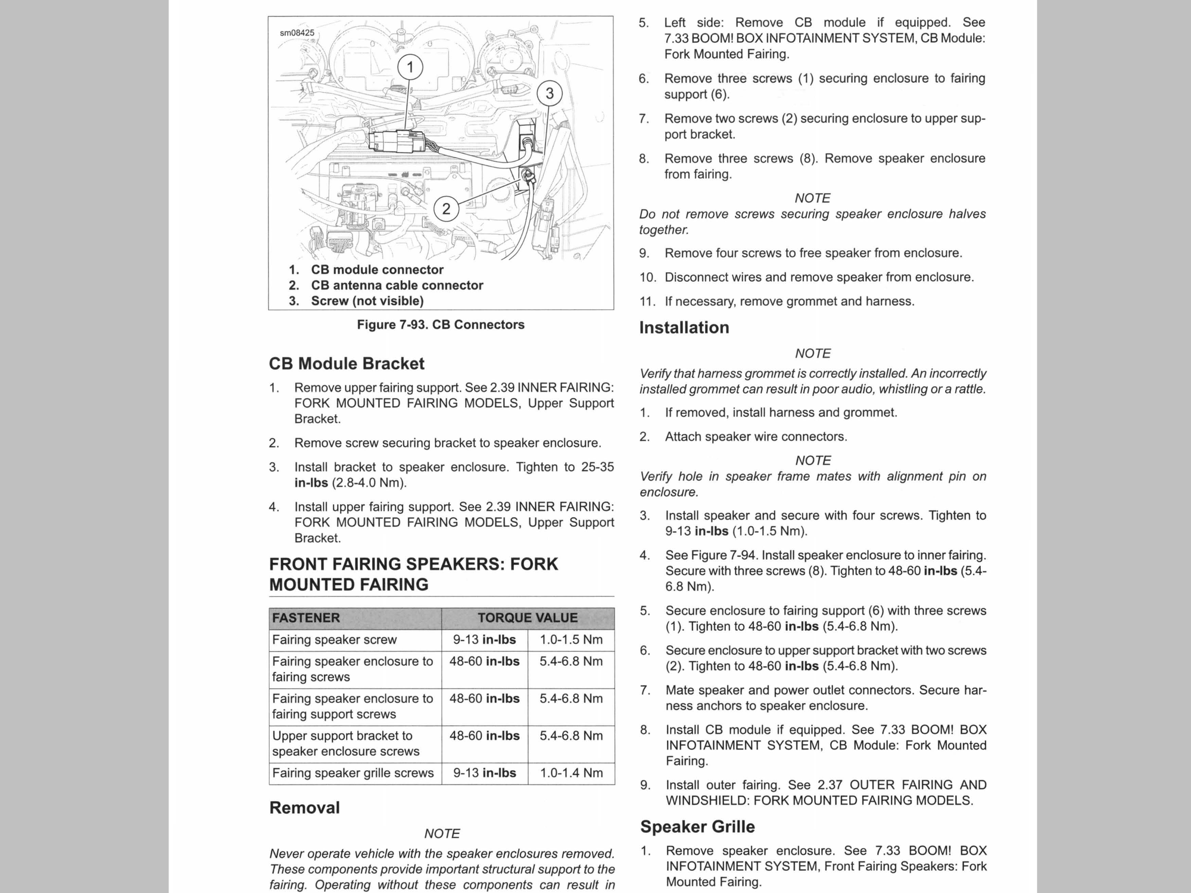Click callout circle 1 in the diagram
(x=410, y=67)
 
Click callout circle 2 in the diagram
(x=446, y=209)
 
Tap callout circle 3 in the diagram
(x=549, y=94)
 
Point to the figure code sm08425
(x=297, y=33)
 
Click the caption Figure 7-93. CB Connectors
(x=441, y=325)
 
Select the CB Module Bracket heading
(x=347, y=363)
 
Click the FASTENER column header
(x=306, y=618)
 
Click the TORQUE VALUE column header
(x=528, y=618)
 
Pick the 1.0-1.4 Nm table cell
(x=571, y=773)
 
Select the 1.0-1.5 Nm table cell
(x=571, y=640)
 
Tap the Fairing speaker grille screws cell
(x=353, y=773)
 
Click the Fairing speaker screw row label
(x=334, y=640)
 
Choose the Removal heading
(x=304, y=808)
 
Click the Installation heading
(x=684, y=328)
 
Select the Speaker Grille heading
(x=697, y=827)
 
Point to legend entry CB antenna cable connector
(x=397, y=285)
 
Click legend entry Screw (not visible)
(x=367, y=301)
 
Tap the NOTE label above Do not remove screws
(x=812, y=198)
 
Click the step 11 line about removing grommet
(x=790, y=301)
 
